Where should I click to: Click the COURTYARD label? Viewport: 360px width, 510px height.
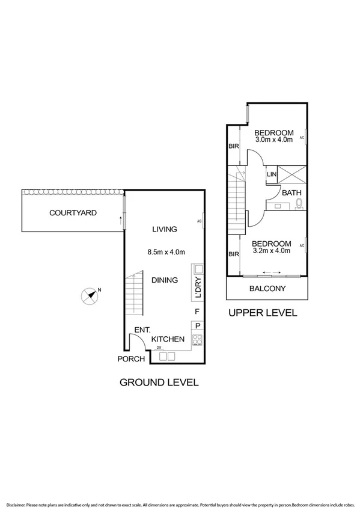click(x=73, y=213)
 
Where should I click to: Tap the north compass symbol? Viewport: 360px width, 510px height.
click(x=90, y=295)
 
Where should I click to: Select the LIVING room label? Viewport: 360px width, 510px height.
click(x=164, y=229)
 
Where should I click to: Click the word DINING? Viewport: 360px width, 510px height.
click(x=164, y=280)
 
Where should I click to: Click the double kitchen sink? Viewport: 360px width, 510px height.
click(x=166, y=357)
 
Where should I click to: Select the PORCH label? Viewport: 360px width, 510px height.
click(x=131, y=359)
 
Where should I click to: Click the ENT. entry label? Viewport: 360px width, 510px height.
click(x=142, y=330)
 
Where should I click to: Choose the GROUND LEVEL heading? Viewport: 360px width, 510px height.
click(x=159, y=382)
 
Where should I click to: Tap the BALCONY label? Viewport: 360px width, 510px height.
click(x=267, y=289)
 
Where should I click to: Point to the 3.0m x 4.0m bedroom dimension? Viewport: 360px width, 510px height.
click(x=273, y=140)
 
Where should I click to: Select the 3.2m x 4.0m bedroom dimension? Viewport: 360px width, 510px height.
click(x=273, y=250)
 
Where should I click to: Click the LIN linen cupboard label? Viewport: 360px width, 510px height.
click(x=272, y=174)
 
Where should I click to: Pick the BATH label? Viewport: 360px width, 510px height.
click(x=291, y=193)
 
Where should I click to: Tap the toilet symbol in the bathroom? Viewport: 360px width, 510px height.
click(x=298, y=205)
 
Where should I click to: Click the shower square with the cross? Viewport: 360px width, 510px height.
click(x=293, y=174)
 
